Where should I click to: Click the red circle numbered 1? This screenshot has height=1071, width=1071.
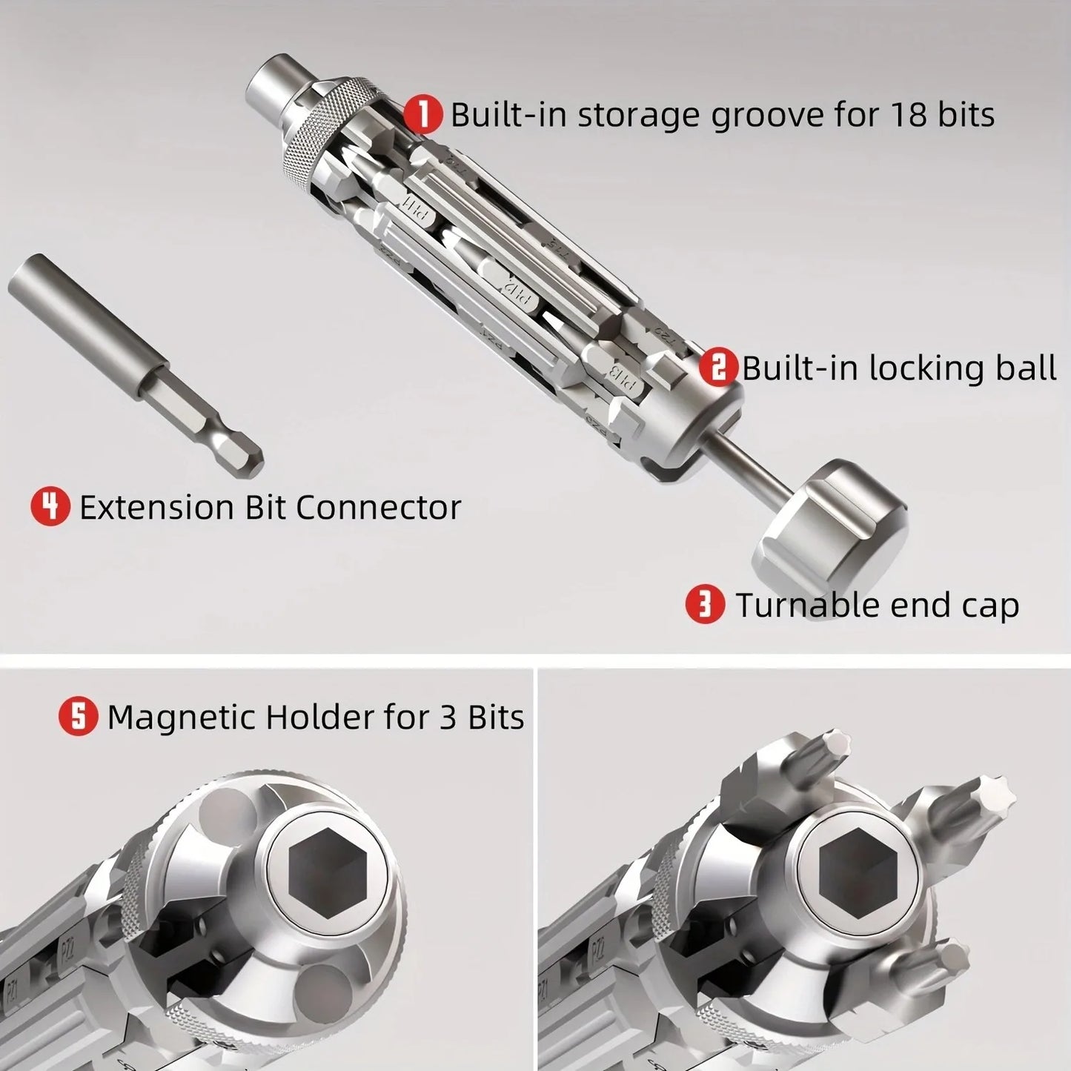tap(423, 115)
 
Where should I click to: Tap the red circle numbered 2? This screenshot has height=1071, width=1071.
tap(719, 368)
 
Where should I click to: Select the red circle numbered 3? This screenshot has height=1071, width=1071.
tap(705, 605)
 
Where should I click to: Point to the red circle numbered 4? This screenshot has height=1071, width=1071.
tap(50, 508)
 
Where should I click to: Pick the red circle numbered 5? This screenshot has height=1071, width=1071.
tap(79, 717)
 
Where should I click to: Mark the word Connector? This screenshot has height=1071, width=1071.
tap(378, 508)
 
